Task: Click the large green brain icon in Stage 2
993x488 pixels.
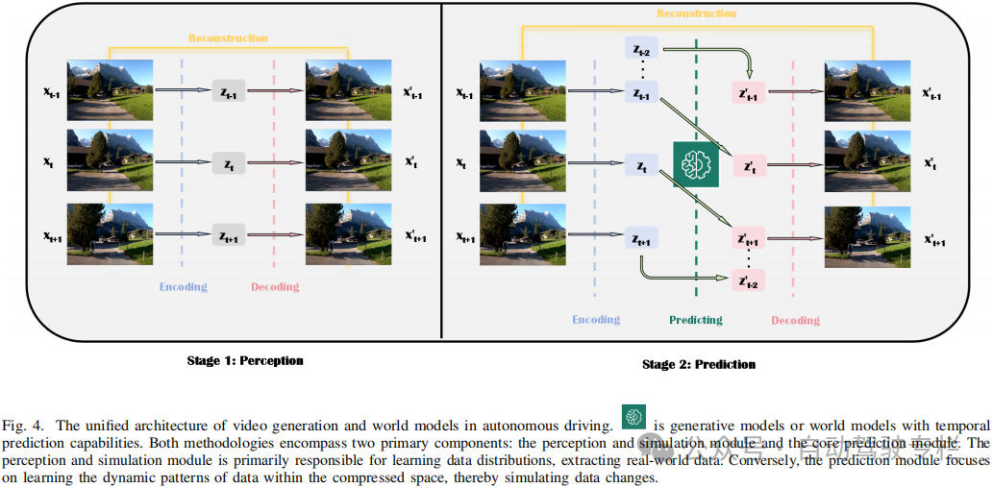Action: point(694,164)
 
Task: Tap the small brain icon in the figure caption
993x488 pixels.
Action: point(633,416)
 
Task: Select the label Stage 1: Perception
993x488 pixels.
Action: point(244,361)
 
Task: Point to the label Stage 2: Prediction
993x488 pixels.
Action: point(699,365)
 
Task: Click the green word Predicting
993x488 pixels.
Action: point(695,320)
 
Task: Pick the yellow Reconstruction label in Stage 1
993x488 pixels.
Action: point(227,38)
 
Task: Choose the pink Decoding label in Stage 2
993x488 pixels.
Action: point(794,320)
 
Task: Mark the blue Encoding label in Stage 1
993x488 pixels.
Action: point(183,286)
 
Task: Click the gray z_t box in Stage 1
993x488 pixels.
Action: point(228,164)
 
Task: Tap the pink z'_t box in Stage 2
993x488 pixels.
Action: point(748,165)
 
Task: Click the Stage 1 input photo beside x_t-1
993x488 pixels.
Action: point(110,91)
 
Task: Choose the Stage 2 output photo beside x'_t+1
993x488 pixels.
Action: point(866,237)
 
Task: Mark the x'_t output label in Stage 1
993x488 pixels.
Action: point(411,164)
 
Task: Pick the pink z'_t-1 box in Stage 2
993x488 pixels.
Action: point(748,93)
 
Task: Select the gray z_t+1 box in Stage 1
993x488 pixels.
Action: point(228,235)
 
